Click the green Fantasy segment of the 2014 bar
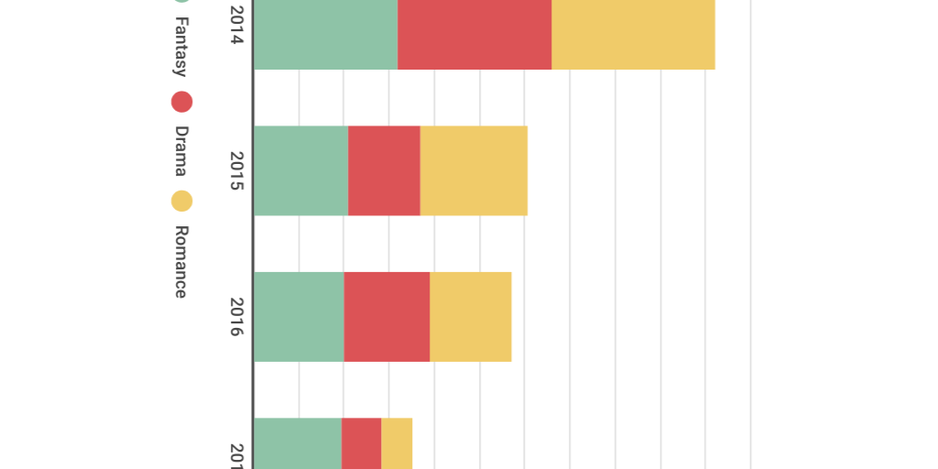tap(325, 35)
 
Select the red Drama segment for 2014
tap(474, 35)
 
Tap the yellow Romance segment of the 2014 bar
tap(633, 35)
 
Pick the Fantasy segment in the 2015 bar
tap(300, 170)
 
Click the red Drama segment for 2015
tap(384, 170)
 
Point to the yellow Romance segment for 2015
tap(474, 170)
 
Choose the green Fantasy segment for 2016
tap(299, 316)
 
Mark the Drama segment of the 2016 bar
tap(387, 316)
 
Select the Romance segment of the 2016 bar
tap(471, 316)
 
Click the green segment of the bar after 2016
tap(298, 444)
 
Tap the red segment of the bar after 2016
tap(361, 444)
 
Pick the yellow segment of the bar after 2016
tap(397, 444)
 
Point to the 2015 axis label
tap(236, 171)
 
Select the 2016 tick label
tap(236, 317)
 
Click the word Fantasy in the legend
tap(181, 47)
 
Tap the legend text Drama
tap(181, 151)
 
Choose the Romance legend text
tap(181, 261)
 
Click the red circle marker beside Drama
tap(181, 102)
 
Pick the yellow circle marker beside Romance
tap(181, 201)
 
